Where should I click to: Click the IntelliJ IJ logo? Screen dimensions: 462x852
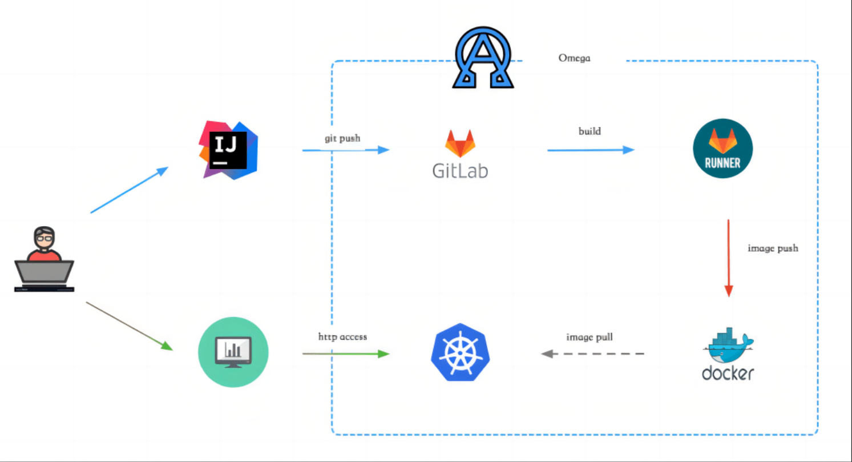tap(228, 150)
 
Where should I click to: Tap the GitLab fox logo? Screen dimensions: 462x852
tap(460, 144)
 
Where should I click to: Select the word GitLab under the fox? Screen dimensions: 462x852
tap(460, 171)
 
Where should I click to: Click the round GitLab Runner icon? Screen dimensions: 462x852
tap(722, 148)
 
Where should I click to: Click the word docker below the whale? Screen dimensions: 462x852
tap(728, 373)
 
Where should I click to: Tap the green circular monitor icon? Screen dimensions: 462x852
tap(233, 352)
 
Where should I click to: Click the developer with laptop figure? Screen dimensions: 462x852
tap(44, 260)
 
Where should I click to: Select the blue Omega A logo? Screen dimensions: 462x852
tap(483, 58)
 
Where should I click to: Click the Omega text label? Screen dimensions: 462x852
tap(574, 58)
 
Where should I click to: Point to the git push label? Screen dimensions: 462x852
tap(342, 138)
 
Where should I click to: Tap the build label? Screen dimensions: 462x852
tap(589, 131)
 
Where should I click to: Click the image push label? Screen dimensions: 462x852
tap(773, 248)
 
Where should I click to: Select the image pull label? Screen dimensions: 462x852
tap(589, 337)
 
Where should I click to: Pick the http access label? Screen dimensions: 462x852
tap(342, 336)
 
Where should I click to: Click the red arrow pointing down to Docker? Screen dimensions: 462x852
tap(728, 257)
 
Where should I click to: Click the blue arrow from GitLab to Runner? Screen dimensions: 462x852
tap(591, 150)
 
